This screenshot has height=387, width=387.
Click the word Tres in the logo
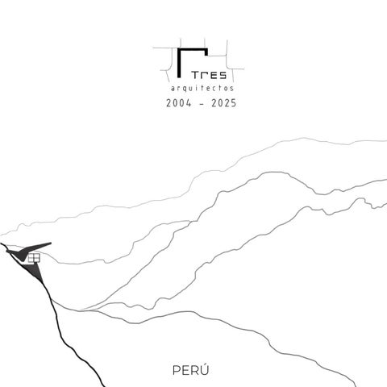tap(209, 75)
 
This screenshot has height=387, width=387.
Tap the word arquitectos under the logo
tap(202, 88)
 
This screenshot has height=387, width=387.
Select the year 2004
tap(179, 103)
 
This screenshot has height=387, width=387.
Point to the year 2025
tap(223, 103)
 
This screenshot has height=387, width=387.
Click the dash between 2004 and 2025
tap(202, 104)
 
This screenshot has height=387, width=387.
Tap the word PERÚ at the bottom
tap(190, 370)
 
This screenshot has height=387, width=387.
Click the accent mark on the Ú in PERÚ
tap(206, 364)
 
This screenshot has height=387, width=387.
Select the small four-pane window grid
tap(34, 258)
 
